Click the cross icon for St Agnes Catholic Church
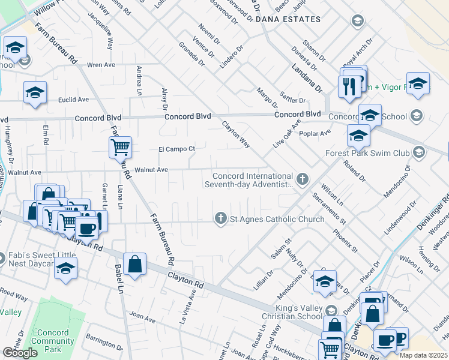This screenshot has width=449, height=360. coord(221,219)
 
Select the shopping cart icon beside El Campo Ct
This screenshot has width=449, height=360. coord(121,146)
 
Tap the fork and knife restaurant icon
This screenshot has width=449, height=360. coord(348,86)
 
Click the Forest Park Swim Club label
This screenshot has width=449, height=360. coord(367,153)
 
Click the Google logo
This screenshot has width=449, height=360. coord(20,353)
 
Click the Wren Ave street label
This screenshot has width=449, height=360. coord(101,64)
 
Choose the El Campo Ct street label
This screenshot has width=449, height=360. coord(176,149)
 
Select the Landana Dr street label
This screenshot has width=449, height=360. coord(307,79)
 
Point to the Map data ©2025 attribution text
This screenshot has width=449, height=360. coord(424,355)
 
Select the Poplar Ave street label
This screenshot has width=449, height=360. coord(318,133)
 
